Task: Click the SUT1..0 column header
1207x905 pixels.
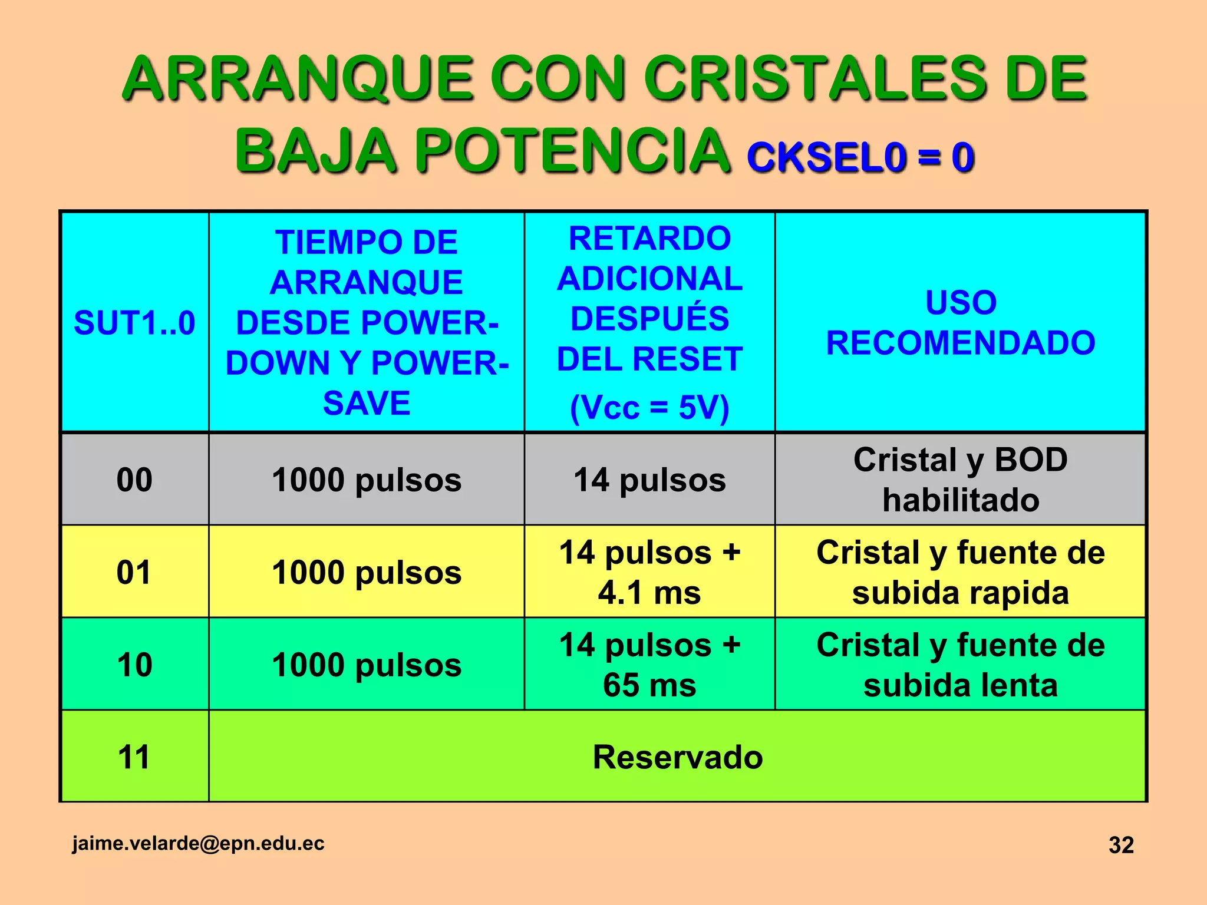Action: pos(134,323)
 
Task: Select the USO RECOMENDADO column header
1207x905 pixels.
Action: pos(961,323)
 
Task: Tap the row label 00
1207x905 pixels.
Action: pos(134,480)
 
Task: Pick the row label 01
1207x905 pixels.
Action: pos(134,572)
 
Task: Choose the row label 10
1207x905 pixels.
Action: pos(134,665)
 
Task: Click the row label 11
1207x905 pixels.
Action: pos(134,757)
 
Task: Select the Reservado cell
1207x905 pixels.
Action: pos(677,757)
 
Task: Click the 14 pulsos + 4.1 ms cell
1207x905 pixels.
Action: pos(649,572)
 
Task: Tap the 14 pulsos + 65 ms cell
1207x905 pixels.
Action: pos(649,665)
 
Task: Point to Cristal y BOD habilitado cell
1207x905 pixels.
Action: pos(961,480)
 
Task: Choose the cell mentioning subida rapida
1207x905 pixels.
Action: pos(961,572)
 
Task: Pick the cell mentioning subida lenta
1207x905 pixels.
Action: pos(961,665)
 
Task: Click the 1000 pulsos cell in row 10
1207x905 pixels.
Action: pos(367,665)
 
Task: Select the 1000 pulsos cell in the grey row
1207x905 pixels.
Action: pos(367,480)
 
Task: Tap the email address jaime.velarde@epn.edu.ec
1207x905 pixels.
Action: pos(198,843)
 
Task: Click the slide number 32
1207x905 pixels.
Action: pos(1121,845)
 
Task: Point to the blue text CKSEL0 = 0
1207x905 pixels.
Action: pos(860,158)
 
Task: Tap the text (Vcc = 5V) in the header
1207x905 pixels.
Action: pos(649,407)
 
